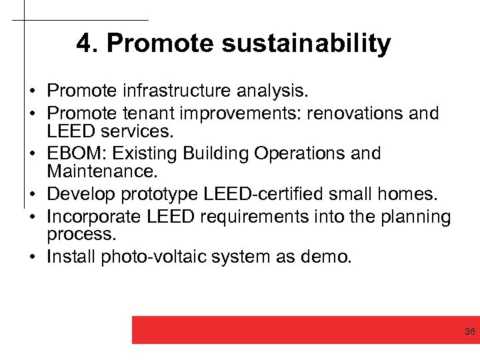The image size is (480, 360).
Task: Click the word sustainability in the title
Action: coord(306,44)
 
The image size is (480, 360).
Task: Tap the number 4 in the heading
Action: coord(83,44)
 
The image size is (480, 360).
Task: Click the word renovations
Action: coord(347,113)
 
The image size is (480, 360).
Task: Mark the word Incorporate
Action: coord(91,217)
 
